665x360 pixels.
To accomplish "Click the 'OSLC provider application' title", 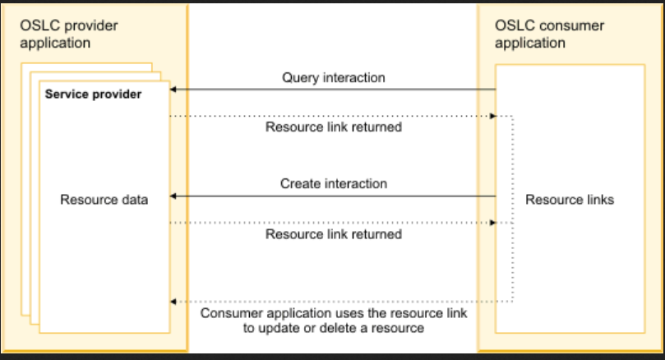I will pyautogui.click(x=68, y=34).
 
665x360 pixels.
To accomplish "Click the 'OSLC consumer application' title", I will pyautogui.click(x=549, y=34).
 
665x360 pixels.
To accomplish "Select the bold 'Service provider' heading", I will pyautogui.click(x=93, y=95).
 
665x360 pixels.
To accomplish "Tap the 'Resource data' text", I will pyautogui.click(x=104, y=199).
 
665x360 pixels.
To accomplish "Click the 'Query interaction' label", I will pyautogui.click(x=333, y=78).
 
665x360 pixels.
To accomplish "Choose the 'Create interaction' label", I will pyautogui.click(x=333, y=183).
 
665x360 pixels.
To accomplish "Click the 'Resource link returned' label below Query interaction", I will pyautogui.click(x=333, y=127).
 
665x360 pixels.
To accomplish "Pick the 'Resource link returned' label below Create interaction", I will pyautogui.click(x=333, y=234).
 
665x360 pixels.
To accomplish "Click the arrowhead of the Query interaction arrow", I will pyautogui.click(x=173, y=89).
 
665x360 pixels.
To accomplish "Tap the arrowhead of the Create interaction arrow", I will pyautogui.click(x=173, y=196).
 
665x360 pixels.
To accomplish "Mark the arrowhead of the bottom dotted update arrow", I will pyautogui.click(x=173, y=302).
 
